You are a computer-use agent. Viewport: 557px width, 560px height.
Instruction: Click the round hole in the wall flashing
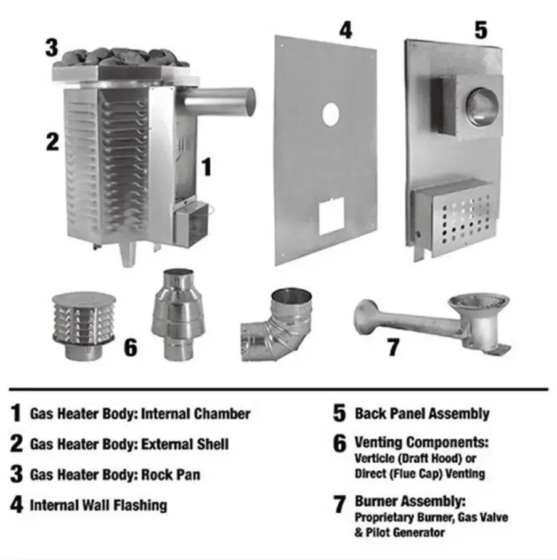(x=330, y=114)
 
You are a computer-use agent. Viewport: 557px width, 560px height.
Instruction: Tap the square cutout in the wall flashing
(x=331, y=218)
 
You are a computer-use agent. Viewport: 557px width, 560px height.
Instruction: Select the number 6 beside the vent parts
(x=131, y=348)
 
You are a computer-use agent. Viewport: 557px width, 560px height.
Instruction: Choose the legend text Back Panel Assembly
(x=421, y=414)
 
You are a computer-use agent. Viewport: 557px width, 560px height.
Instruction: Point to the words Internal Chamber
(x=195, y=414)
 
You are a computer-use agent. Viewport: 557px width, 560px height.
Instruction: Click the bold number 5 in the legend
(x=340, y=413)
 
